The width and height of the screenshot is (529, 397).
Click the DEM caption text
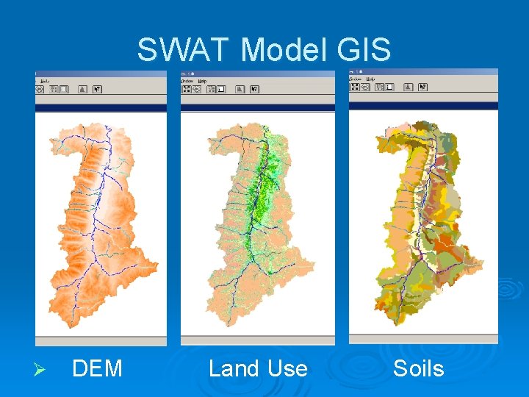(x=97, y=368)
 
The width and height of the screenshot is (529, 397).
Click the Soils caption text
(x=418, y=368)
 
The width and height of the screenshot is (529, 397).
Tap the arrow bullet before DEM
(x=42, y=368)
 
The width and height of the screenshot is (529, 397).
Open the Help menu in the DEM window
(x=44, y=81)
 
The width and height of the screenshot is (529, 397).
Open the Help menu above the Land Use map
(x=202, y=81)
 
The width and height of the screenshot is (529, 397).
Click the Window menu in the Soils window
(x=356, y=78)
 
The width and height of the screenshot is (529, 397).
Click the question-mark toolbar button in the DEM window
(x=97, y=89)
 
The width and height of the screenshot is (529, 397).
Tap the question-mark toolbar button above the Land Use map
(x=253, y=89)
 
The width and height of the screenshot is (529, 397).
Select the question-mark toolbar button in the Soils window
(x=422, y=87)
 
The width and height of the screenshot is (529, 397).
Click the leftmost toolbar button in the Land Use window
(x=187, y=89)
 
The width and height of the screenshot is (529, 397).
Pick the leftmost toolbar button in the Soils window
(x=355, y=87)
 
